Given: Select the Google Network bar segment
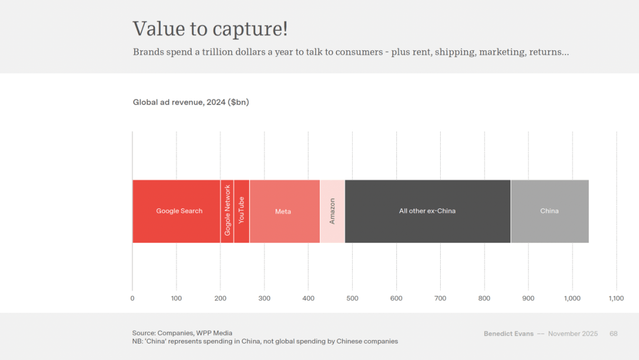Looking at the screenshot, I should point(227,211).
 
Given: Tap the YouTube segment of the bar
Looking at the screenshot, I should point(241,211).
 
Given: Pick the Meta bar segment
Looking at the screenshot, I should point(284,211).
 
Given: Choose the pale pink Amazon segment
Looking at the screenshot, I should point(332,211).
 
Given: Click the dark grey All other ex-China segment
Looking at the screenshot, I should point(427,211).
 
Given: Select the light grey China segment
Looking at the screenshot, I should point(549,211).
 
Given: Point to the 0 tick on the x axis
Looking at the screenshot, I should point(133,298).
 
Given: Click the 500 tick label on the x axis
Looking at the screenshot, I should point(353,298).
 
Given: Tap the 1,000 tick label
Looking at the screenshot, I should point(572,298).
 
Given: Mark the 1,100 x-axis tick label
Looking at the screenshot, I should point(616,298).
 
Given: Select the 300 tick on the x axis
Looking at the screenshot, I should point(264,298).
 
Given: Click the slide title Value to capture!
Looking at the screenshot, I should point(210,29).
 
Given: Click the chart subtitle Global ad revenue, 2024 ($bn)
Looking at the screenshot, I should point(191,102).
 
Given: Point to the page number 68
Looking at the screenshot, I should point(614,334).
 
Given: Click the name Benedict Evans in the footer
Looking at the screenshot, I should point(508,334).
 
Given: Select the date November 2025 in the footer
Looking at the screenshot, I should point(573,334).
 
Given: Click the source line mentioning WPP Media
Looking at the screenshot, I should point(182,333).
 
